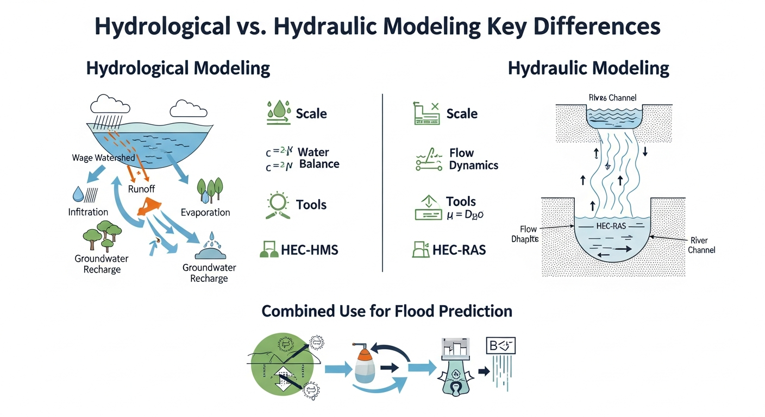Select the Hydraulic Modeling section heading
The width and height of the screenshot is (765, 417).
588,68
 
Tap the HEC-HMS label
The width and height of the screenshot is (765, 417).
309,250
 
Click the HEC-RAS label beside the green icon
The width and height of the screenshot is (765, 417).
459,250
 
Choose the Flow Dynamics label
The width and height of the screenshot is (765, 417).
473,159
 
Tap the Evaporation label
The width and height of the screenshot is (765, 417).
205,212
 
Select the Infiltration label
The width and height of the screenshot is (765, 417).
88,212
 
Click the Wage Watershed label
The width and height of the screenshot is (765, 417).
103,158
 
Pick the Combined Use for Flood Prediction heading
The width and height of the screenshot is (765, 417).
387,311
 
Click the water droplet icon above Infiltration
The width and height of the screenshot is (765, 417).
78,194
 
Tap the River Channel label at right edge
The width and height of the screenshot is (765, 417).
701,245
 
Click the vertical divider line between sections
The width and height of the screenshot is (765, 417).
383,182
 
